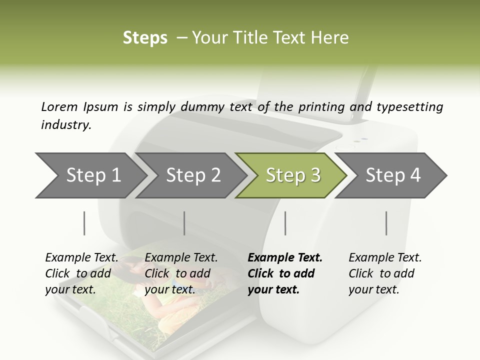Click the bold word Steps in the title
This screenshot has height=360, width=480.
point(145,38)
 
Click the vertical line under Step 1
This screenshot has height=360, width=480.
point(84,223)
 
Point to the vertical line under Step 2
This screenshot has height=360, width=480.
point(184,223)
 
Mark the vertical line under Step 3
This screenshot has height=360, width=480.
point(285,223)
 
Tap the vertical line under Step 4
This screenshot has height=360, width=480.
point(386,223)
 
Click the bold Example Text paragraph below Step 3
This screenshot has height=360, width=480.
point(284,273)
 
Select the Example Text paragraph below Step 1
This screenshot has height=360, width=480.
point(81,273)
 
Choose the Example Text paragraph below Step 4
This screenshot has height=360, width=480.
point(384,273)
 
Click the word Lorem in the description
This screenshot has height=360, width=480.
point(59,107)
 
